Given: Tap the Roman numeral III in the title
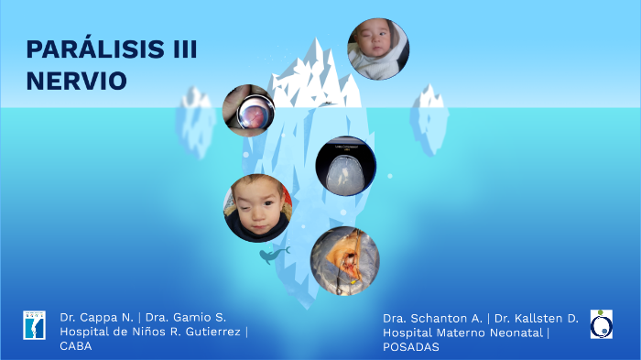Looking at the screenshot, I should (184, 50).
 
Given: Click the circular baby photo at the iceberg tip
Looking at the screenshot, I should (377, 49).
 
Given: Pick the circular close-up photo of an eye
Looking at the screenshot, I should (249, 111).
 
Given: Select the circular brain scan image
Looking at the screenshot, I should (345, 166).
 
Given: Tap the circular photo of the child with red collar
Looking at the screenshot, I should (258, 208).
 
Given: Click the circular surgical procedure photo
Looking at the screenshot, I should (344, 260).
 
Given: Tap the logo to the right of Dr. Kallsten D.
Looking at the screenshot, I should (602, 323).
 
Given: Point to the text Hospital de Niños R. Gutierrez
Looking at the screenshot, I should (151, 331).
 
